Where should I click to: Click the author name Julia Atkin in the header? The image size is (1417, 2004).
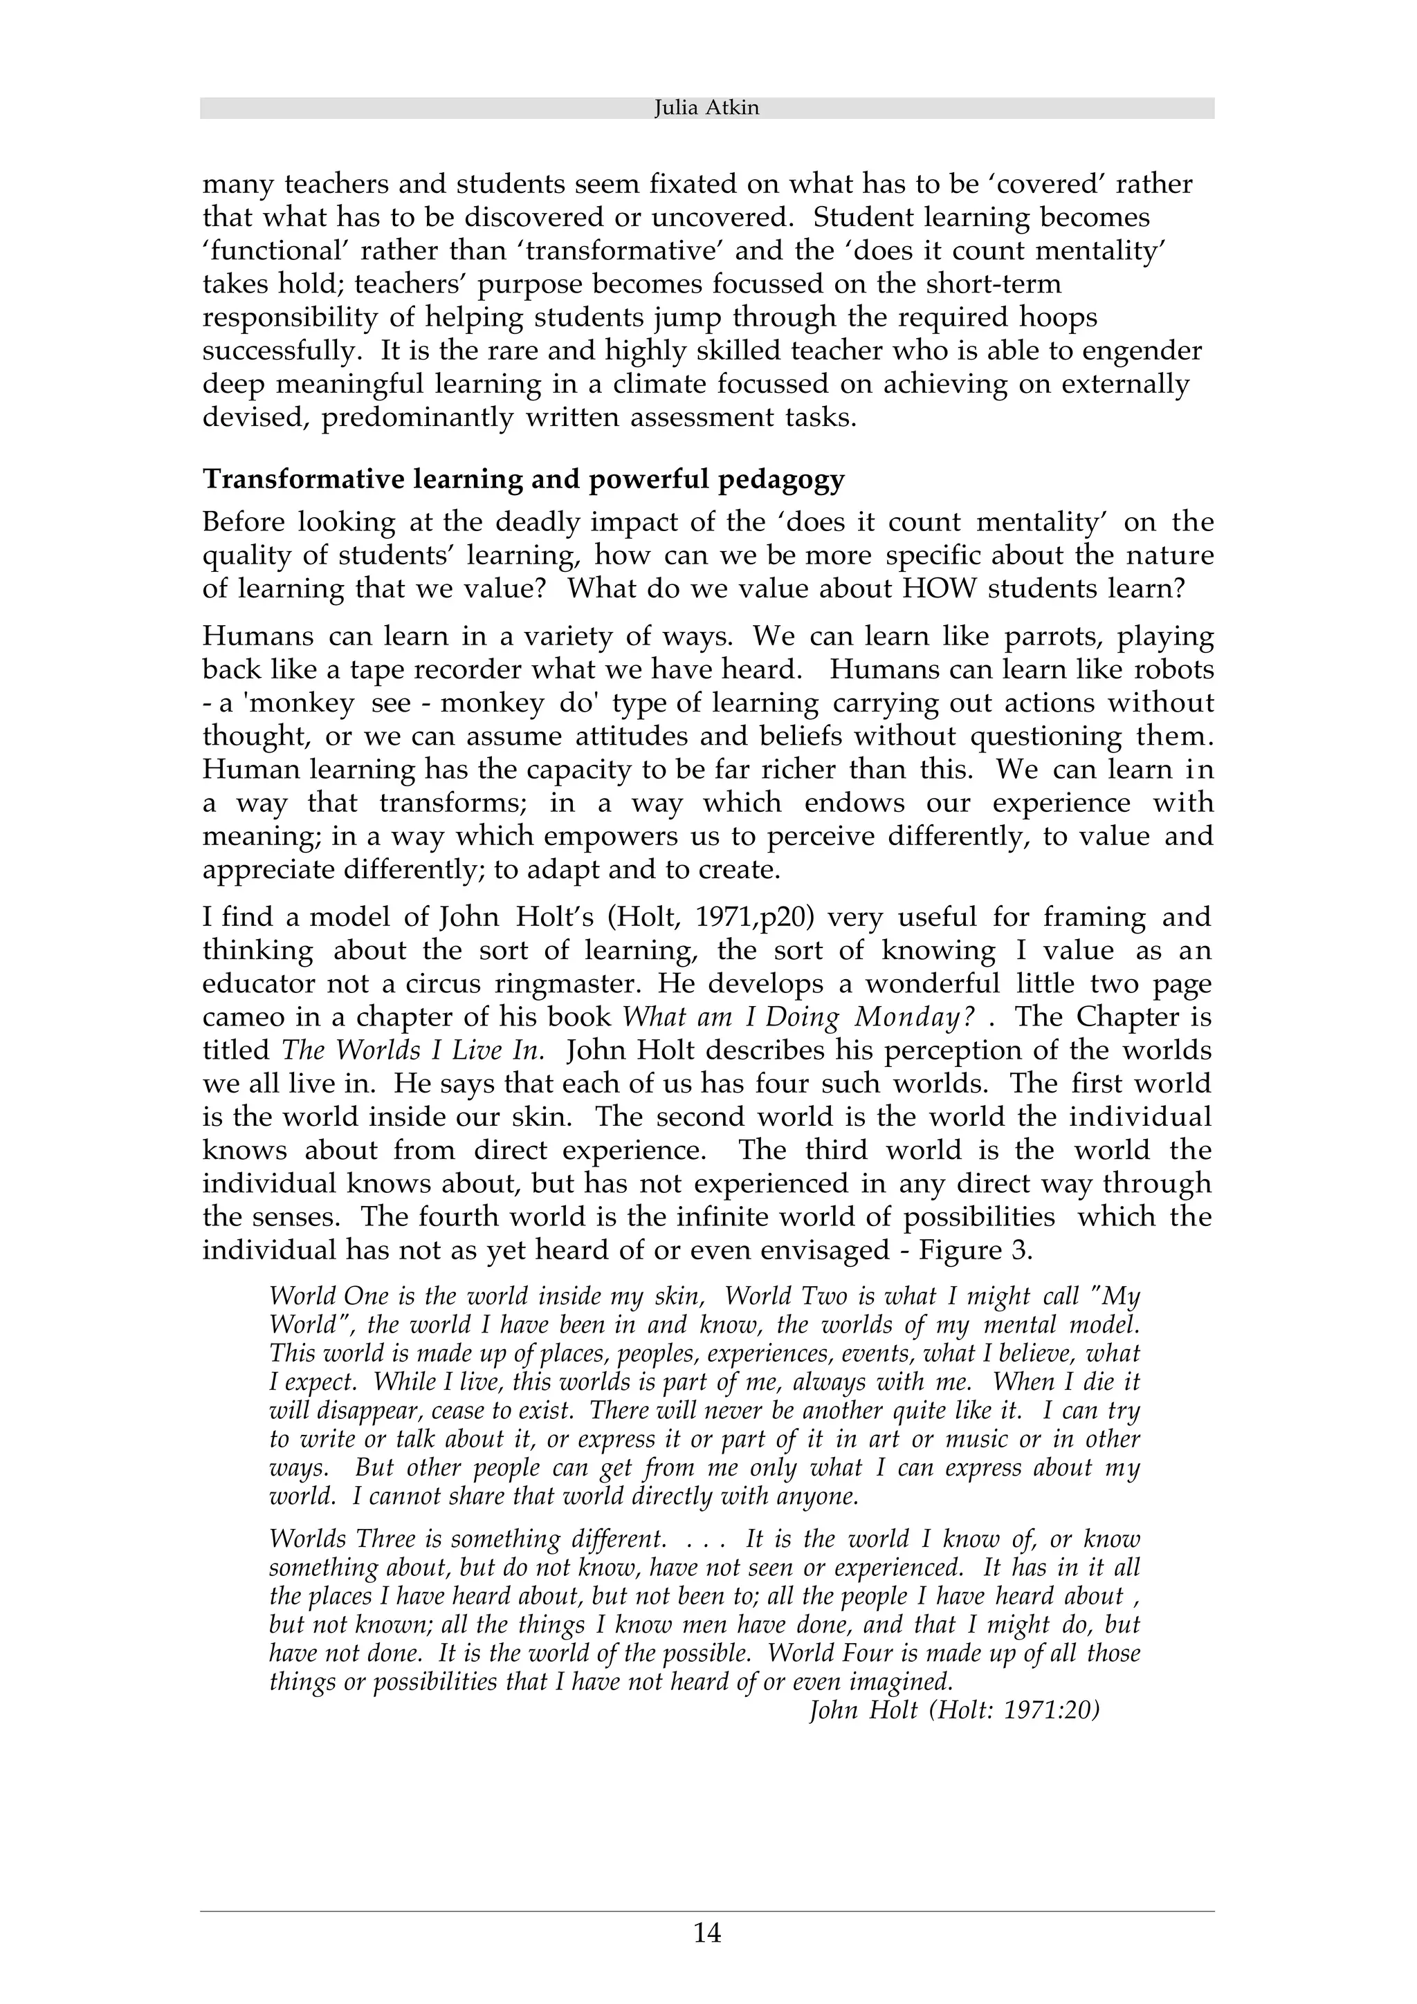coord(706,109)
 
